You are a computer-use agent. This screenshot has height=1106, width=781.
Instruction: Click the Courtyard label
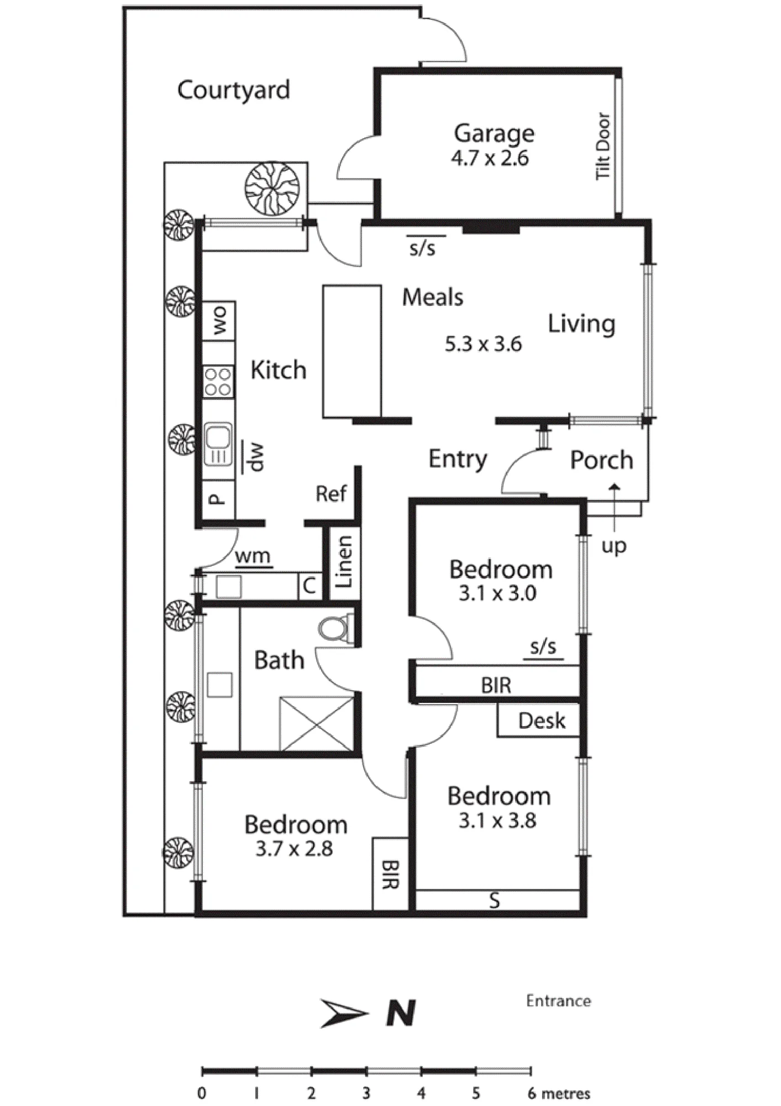pyautogui.click(x=233, y=90)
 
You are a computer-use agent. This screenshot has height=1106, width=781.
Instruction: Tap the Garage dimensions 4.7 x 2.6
pyautogui.click(x=490, y=158)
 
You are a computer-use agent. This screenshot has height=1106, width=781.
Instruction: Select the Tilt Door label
pyautogui.click(x=603, y=146)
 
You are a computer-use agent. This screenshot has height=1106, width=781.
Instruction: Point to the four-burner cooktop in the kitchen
pyautogui.click(x=218, y=382)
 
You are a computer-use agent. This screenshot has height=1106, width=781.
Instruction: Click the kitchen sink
pyautogui.click(x=218, y=445)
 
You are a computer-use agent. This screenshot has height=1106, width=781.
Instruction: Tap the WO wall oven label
pyautogui.click(x=219, y=321)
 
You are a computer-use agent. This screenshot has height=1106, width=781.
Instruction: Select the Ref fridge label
pyautogui.click(x=331, y=493)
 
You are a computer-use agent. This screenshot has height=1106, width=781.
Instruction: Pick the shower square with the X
pyautogui.click(x=317, y=723)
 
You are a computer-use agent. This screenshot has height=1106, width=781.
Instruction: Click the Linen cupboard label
pyautogui.click(x=344, y=562)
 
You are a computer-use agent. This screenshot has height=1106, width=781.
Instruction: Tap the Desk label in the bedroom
pyautogui.click(x=542, y=721)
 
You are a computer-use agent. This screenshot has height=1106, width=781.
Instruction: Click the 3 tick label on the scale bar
pyautogui.click(x=366, y=1093)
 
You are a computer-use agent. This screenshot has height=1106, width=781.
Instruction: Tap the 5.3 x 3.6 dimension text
pyautogui.click(x=483, y=344)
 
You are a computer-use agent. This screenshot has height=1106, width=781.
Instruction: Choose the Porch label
pyautogui.click(x=601, y=460)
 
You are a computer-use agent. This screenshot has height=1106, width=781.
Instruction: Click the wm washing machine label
pyautogui.click(x=253, y=556)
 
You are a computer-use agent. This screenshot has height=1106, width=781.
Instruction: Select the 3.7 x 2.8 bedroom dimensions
pyautogui.click(x=293, y=848)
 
